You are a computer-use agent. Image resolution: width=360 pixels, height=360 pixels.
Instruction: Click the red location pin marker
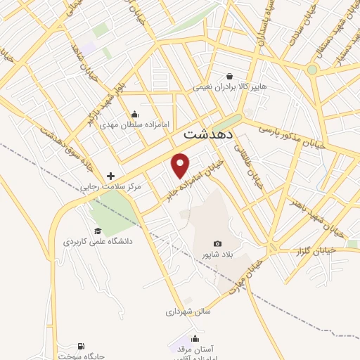pos(181,165)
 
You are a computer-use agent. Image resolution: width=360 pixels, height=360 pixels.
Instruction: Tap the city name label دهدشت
pos(209,133)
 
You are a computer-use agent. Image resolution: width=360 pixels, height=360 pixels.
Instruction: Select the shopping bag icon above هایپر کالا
pos(230,77)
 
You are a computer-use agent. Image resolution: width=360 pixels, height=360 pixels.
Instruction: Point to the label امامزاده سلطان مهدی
pos(136,124)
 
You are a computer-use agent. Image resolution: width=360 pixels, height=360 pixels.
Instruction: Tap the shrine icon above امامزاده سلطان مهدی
pos(135,114)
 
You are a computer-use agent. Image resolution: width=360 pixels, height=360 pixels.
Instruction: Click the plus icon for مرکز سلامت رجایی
pos(110,176)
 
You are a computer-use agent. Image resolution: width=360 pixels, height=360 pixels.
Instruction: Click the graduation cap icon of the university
pos(98,231)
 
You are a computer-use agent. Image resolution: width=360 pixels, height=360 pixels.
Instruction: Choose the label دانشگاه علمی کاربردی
pos(98,241)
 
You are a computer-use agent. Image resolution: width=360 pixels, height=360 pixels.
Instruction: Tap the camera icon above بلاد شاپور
pos(217,243)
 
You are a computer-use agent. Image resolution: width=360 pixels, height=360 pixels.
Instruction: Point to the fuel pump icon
pos(82,346)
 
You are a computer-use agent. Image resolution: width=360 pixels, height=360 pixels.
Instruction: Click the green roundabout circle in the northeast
pos(311,70)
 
